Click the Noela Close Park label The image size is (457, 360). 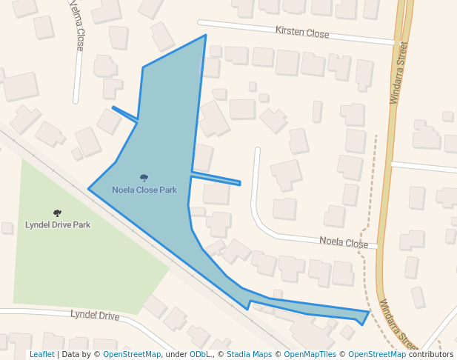[x=144, y=190]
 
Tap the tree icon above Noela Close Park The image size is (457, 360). [x=144, y=178]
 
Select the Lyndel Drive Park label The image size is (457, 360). [x=58, y=224]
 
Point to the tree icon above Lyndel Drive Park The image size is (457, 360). [x=57, y=213]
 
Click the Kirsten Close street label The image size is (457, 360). [x=301, y=33]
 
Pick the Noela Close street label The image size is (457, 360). [x=344, y=242]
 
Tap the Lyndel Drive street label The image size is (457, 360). [x=95, y=316]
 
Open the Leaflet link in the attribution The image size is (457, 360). [x=41, y=355]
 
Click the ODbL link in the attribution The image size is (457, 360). [x=199, y=355]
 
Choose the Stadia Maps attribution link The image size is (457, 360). [x=249, y=355]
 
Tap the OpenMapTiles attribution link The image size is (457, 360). [x=310, y=355]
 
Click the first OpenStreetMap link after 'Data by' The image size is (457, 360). [x=132, y=355]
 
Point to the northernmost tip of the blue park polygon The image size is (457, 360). [x=205, y=35]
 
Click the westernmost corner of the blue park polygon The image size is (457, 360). [x=89, y=188]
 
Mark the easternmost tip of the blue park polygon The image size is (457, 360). [x=368, y=312]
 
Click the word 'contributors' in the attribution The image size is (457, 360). [x=431, y=355]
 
